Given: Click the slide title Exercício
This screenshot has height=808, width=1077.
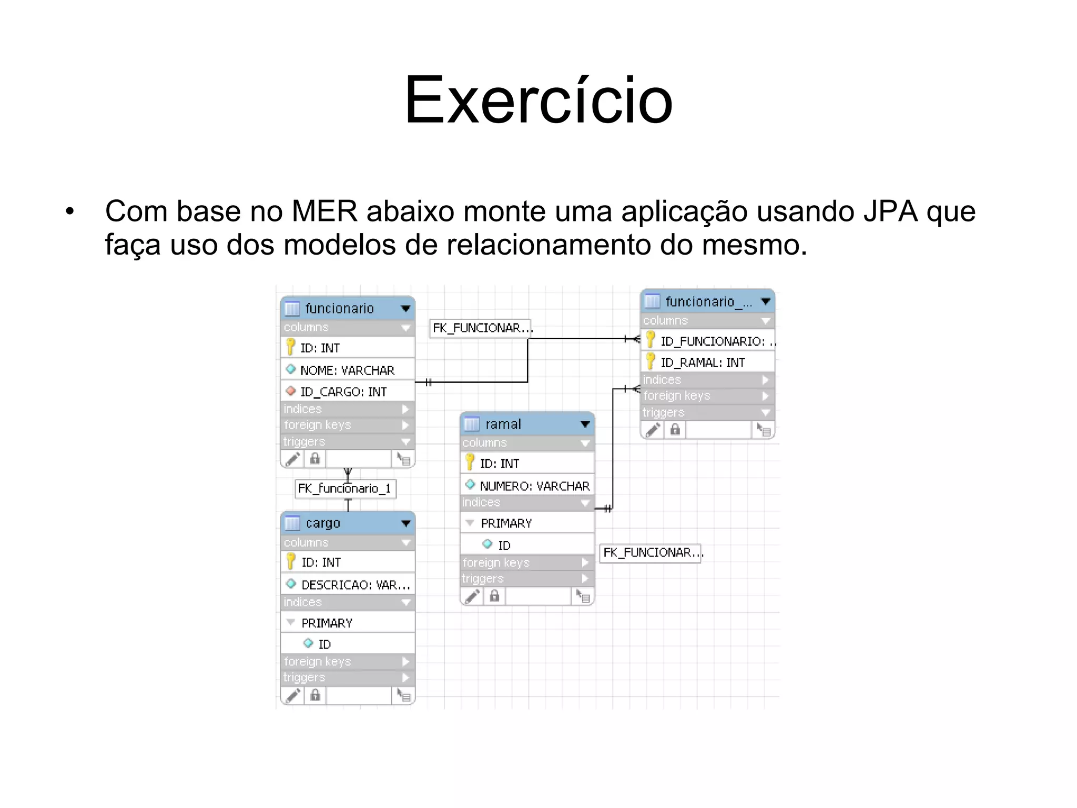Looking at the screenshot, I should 538,100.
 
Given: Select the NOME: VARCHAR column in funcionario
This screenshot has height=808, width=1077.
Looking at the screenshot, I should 347,370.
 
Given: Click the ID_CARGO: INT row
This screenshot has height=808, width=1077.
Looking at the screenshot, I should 343,392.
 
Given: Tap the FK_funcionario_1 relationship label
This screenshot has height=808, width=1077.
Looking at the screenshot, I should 345,489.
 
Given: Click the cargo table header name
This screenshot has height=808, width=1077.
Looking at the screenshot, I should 323,523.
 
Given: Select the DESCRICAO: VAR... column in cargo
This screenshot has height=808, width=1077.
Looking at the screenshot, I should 355,584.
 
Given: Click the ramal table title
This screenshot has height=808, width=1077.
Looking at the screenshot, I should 503,424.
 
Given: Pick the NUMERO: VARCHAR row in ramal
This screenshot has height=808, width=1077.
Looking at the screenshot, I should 534,486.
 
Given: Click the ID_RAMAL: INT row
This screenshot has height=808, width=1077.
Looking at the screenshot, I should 703,362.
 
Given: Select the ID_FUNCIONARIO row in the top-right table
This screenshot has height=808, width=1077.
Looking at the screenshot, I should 713,341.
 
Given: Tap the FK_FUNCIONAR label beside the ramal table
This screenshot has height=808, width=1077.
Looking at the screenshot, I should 651,553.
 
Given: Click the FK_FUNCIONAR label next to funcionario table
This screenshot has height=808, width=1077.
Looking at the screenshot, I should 481,328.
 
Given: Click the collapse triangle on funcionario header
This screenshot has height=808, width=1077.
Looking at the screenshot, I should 405,309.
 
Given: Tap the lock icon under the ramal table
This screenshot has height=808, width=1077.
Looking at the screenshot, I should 494,596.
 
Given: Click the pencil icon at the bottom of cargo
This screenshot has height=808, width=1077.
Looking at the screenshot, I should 293,695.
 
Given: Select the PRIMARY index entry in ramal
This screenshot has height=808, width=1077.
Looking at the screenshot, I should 506,523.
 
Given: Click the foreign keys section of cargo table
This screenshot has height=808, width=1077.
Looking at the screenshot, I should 317,661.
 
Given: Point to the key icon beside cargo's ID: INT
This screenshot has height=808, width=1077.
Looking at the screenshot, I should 290,562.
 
